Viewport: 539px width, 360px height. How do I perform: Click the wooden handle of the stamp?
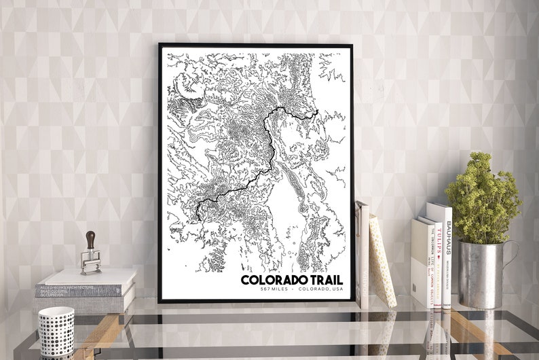(90, 240)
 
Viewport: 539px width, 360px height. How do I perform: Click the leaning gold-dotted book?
(382, 262)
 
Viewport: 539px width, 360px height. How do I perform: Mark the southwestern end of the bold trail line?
(198, 217)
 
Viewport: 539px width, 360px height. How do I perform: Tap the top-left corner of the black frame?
(160, 46)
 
